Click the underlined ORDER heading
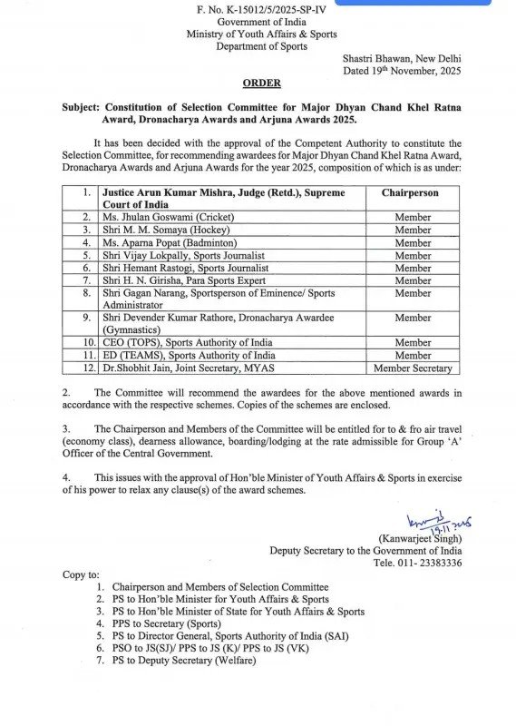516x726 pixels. [x=261, y=83]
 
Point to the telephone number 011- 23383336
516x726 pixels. [x=430, y=563]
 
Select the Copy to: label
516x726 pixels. [x=82, y=574]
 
